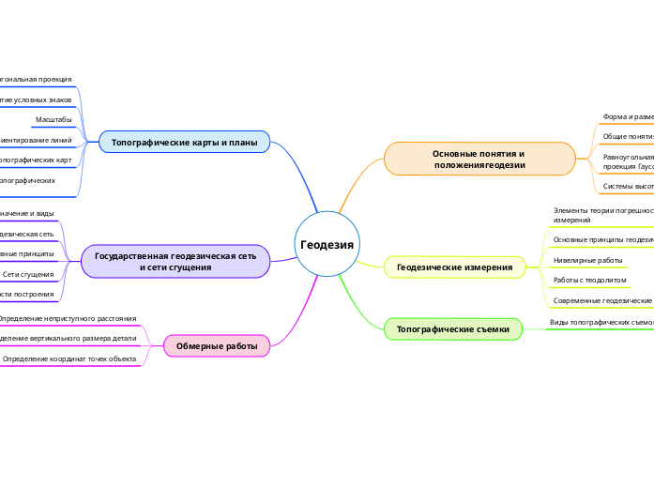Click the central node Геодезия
pyautogui.click(x=327, y=244)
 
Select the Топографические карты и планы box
pyautogui.click(x=184, y=143)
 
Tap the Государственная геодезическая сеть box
pyautogui.click(x=175, y=261)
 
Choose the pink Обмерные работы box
pyautogui.click(x=217, y=346)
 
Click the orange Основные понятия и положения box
pyautogui.click(x=479, y=159)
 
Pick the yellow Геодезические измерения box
pyautogui.click(x=455, y=267)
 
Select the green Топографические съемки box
pyautogui.click(x=453, y=329)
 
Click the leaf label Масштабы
pyautogui.click(x=53, y=119)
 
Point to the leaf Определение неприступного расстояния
pyautogui.click(x=67, y=319)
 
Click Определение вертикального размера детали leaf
pyautogui.click(x=68, y=338)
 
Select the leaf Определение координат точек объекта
pyautogui.click(x=69, y=358)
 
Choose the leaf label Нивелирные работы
pyautogui.click(x=588, y=260)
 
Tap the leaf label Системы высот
pyautogui.click(x=628, y=186)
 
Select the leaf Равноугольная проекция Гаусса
pyautogui.click(x=627, y=160)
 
